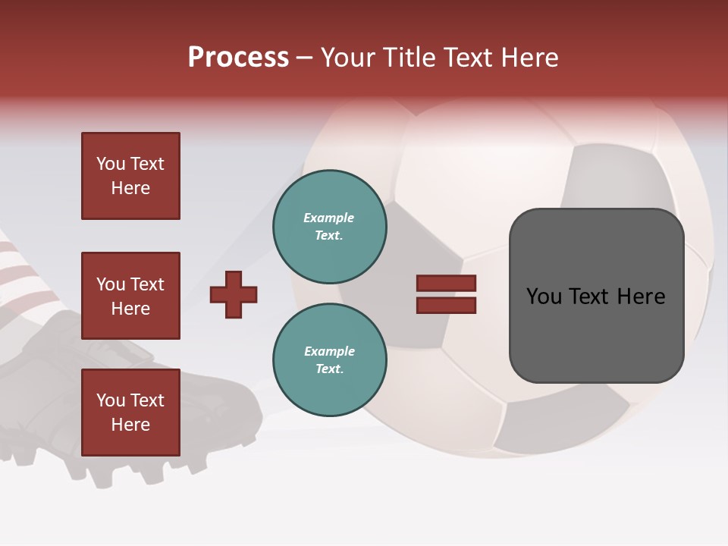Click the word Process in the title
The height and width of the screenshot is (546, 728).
tap(238, 58)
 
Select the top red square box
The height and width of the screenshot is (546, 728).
tap(130, 176)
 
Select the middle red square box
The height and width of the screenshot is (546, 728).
tap(130, 296)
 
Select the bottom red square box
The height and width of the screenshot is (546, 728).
tap(130, 413)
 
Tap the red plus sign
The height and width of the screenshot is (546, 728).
tap(234, 294)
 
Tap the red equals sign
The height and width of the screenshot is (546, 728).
tap(446, 294)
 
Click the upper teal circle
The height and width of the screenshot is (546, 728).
tap(330, 227)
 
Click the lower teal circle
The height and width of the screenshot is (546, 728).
tap(330, 360)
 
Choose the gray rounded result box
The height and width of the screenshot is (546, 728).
tap(596, 296)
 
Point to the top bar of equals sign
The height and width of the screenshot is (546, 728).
tap(446, 283)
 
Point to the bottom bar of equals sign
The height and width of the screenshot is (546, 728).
tap(446, 305)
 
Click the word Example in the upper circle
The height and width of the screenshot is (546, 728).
tap(329, 218)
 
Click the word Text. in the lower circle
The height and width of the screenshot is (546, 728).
tap(329, 369)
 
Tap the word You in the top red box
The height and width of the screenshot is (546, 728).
tap(111, 164)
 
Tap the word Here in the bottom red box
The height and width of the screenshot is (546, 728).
tap(130, 425)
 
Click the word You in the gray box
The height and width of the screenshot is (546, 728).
tap(544, 297)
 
